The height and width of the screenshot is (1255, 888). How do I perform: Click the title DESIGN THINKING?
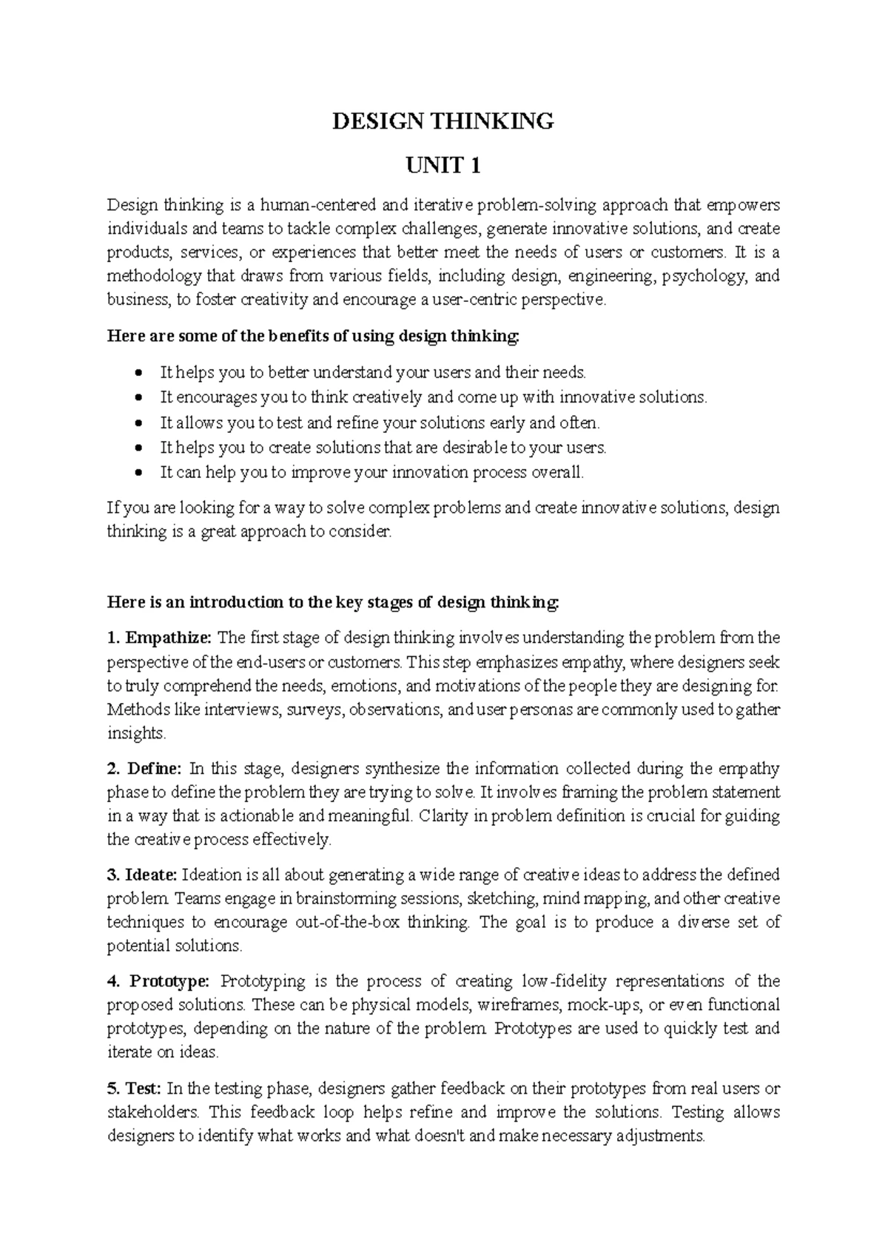(x=443, y=121)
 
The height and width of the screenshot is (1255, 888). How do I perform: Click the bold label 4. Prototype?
(x=159, y=982)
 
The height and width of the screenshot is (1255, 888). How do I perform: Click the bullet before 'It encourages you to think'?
(x=139, y=398)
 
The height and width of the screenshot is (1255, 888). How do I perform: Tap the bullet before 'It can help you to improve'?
(x=139, y=473)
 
